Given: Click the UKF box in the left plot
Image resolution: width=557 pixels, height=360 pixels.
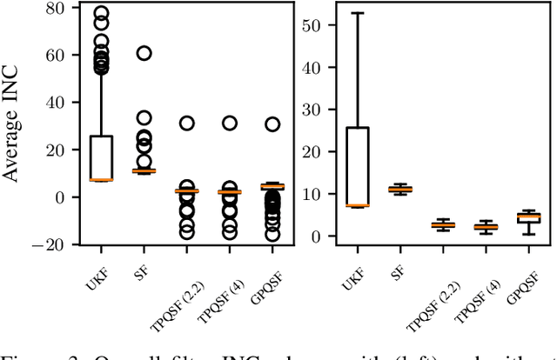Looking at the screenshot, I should click(102, 157).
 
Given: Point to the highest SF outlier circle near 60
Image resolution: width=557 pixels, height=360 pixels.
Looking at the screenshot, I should click(144, 53).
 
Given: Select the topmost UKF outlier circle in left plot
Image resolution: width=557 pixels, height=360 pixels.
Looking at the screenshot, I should click(102, 15).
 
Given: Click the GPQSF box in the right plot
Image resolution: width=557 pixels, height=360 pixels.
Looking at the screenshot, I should click(528, 217).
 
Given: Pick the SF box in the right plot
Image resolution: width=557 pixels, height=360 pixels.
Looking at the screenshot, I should click(399, 189).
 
